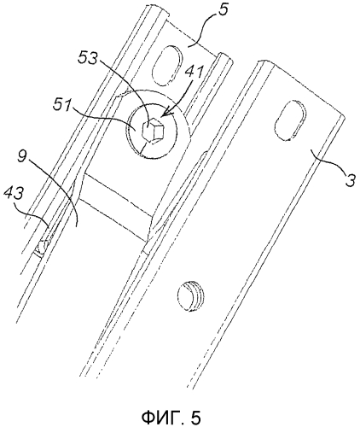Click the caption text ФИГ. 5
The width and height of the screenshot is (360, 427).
(171, 418)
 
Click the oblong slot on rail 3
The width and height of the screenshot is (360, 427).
(291, 120)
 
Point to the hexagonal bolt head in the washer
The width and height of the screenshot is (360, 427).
(154, 132)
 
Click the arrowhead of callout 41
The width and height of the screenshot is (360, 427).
(164, 116)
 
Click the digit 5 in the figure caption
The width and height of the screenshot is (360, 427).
(195, 418)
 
